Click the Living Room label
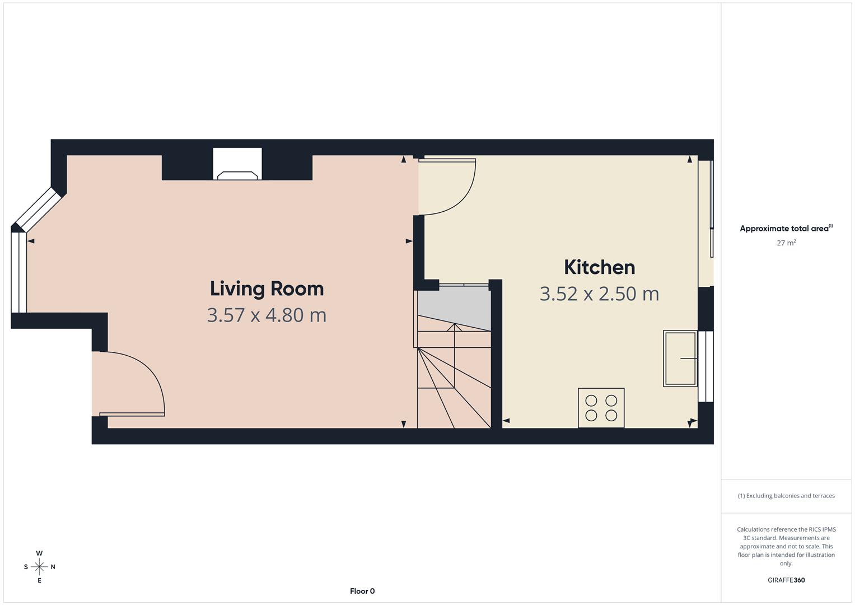tap(267, 288)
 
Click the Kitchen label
tap(599, 267)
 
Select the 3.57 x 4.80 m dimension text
tap(267, 315)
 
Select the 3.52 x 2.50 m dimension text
tap(599, 294)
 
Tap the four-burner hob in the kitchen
tap(601, 408)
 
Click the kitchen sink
tap(680, 359)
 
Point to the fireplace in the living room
tap(237, 165)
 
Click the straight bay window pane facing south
tap(18, 272)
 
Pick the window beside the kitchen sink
tap(706, 366)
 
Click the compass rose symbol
tap(39, 567)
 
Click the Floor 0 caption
tap(362, 591)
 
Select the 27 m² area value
tap(786, 243)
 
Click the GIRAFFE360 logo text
tap(786, 580)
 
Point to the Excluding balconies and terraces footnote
tap(786, 496)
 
